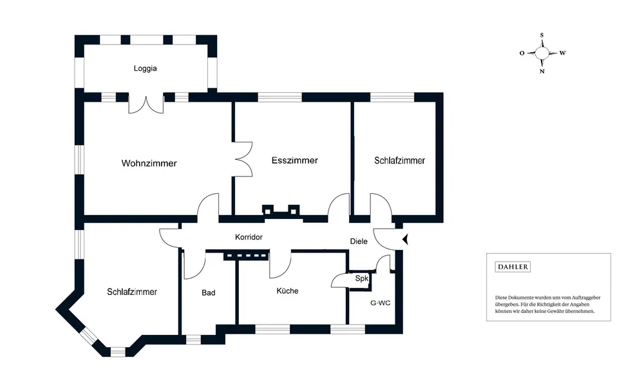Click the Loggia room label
point(146,68)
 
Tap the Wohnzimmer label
point(149,164)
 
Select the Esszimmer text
point(294,160)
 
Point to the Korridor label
point(249,238)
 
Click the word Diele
point(358,242)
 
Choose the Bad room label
point(208,292)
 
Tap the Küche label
point(287,291)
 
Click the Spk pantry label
point(361,278)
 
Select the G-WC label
point(380,302)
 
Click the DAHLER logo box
point(513,267)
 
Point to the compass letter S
point(542,35)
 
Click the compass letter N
point(542,71)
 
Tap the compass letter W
point(562,53)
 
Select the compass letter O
point(522,53)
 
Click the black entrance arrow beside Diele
point(405,240)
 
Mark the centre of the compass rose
point(542,53)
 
